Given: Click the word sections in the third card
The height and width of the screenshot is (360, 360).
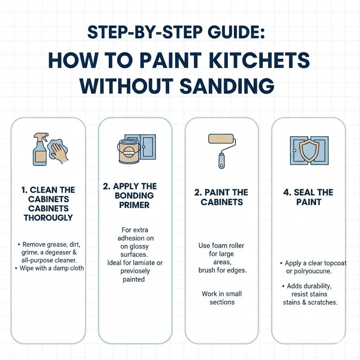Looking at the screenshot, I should click(222, 302).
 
